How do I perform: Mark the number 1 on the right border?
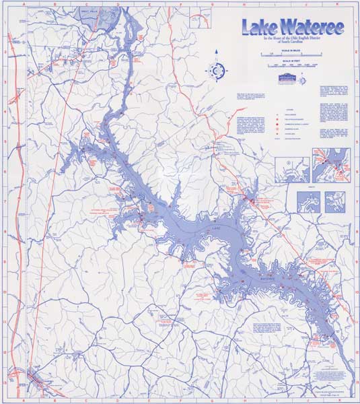tap(356, 23)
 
